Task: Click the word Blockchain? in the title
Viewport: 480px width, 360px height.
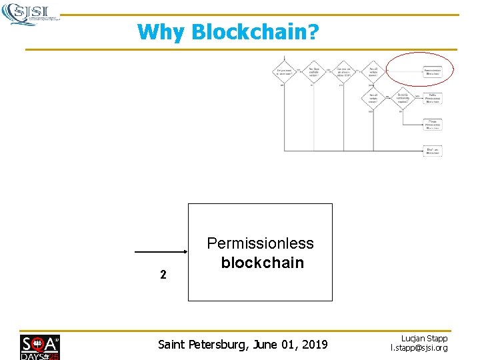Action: pyautogui.click(x=255, y=32)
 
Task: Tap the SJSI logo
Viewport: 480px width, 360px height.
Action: pyautogui.click(x=30, y=13)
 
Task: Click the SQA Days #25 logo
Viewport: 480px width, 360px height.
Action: pyautogui.click(x=39, y=347)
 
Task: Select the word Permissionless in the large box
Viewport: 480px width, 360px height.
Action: pyautogui.click(x=260, y=243)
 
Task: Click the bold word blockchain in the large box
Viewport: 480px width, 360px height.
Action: pyautogui.click(x=262, y=263)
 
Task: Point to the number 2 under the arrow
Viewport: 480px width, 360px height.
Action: pyautogui.click(x=163, y=274)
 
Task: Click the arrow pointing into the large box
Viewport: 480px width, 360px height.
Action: pyautogui.click(x=161, y=252)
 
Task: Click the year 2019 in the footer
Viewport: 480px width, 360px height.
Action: pyautogui.click(x=313, y=345)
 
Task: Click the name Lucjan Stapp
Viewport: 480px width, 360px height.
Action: pyautogui.click(x=424, y=339)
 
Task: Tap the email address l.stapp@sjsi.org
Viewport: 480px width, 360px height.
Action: pyautogui.click(x=419, y=348)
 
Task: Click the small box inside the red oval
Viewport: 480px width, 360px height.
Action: pyautogui.click(x=433, y=71)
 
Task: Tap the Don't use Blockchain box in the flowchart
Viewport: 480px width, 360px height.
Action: pyautogui.click(x=433, y=151)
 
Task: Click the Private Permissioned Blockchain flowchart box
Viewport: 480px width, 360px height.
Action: pyautogui.click(x=433, y=123)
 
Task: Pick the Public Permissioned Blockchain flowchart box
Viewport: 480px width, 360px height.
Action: pyautogui.click(x=433, y=98)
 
